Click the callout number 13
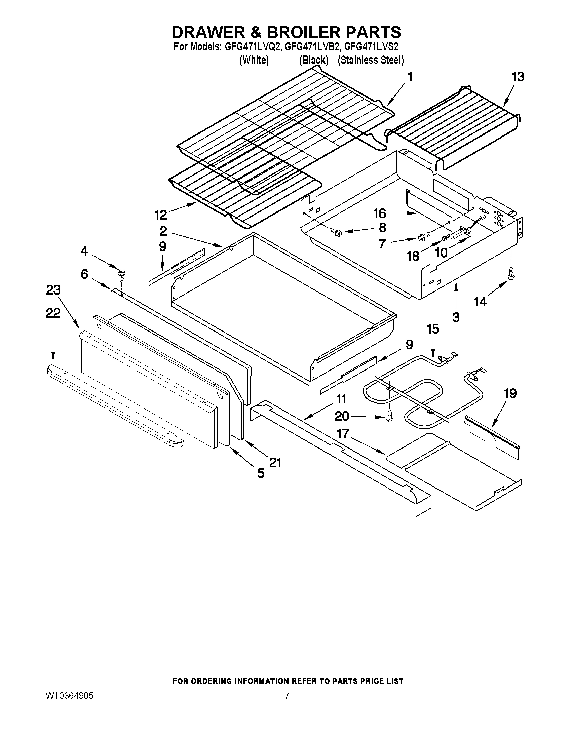click(x=518, y=77)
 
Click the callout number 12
click(x=161, y=215)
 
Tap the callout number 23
click(x=53, y=290)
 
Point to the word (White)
click(x=254, y=60)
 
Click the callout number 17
click(x=343, y=434)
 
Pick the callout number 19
click(x=510, y=393)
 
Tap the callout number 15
click(x=433, y=329)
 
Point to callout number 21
click(x=275, y=462)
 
